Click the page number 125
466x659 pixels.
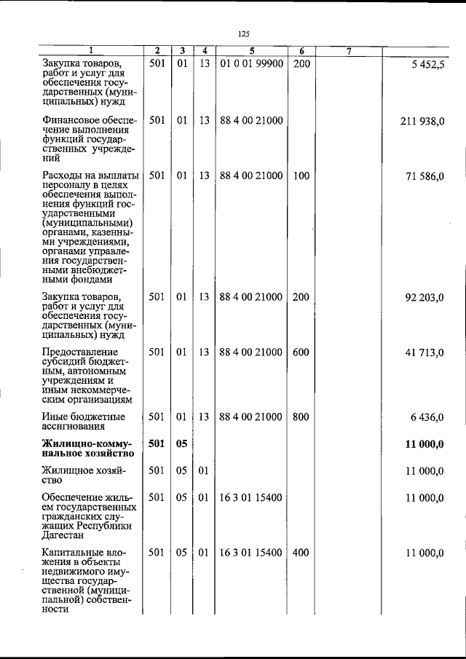point(244,33)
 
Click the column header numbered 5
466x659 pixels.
point(251,51)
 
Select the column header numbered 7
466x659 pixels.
point(349,51)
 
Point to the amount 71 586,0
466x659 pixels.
point(425,176)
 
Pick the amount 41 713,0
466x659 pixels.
point(425,352)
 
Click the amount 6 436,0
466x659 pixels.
point(428,417)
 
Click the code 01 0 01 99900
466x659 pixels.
point(251,64)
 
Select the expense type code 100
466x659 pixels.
point(301,176)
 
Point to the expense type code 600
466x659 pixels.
point(301,352)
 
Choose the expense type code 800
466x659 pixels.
point(301,417)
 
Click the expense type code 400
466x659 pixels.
point(301,553)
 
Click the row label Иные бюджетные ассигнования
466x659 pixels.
point(82,422)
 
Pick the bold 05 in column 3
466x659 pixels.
point(182,443)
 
